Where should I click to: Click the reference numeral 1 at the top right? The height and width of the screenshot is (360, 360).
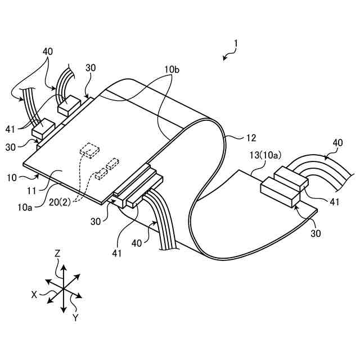pyautogui.click(x=237, y=43)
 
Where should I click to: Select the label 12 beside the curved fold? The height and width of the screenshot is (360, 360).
pyautogui.click(x=251, y=137)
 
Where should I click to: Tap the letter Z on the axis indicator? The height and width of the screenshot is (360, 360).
pyautogui.click(x=57, y=254)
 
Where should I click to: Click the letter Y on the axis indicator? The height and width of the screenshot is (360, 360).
pyautogui.click(x=75, y=318)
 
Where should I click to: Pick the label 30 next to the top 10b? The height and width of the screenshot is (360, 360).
pyautogui.click(x=91, y=67)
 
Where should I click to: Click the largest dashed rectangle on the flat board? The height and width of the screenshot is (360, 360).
pyautogui.click(x=88, y=150)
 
